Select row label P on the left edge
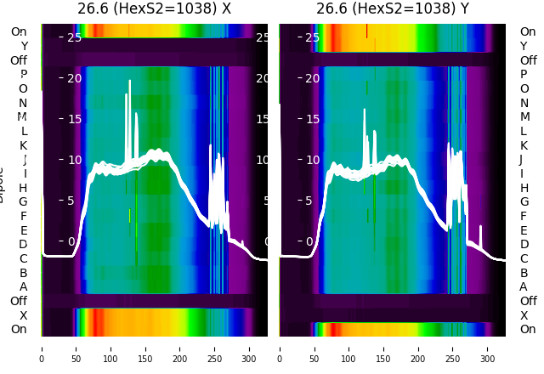pos(23,75)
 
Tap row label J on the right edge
pos(521,159)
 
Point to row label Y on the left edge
pos(24,46)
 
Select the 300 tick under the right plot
pos(488,348)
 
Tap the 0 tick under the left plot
pos(42,348)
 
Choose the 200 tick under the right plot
pos(418,348)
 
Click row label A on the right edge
pos(524,286)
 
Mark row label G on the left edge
pos(23,201)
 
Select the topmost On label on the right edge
pos(528,31)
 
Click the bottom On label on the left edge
pos(19,329)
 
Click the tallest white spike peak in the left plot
pos(130,82)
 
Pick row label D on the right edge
pos(524,244)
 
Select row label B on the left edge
pos(23,273)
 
